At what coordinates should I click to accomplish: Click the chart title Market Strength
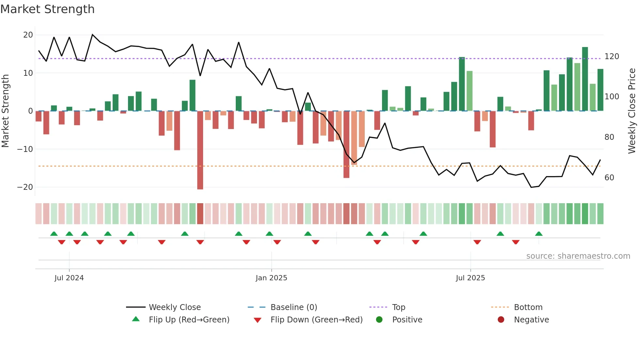[47, 9]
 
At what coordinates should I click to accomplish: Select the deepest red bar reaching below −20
[200, 150]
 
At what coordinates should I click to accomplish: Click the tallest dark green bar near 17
[585, 79]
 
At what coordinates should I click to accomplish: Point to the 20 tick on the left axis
[28, 35]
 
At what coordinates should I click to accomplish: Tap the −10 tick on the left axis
[25, 149]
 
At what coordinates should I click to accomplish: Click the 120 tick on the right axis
[612, 57]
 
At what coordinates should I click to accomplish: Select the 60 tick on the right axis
[609, 178]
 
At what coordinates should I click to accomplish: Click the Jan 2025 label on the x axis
[271, 278]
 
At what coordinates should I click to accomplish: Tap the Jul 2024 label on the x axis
[69, 278]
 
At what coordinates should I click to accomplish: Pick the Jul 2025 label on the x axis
[470, 278]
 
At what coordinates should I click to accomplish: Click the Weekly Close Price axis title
[632, 111]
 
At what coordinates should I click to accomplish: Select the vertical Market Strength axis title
[6, 111]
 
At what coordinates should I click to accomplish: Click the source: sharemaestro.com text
[578, 256]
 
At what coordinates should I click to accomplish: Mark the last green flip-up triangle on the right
[539, 234]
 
